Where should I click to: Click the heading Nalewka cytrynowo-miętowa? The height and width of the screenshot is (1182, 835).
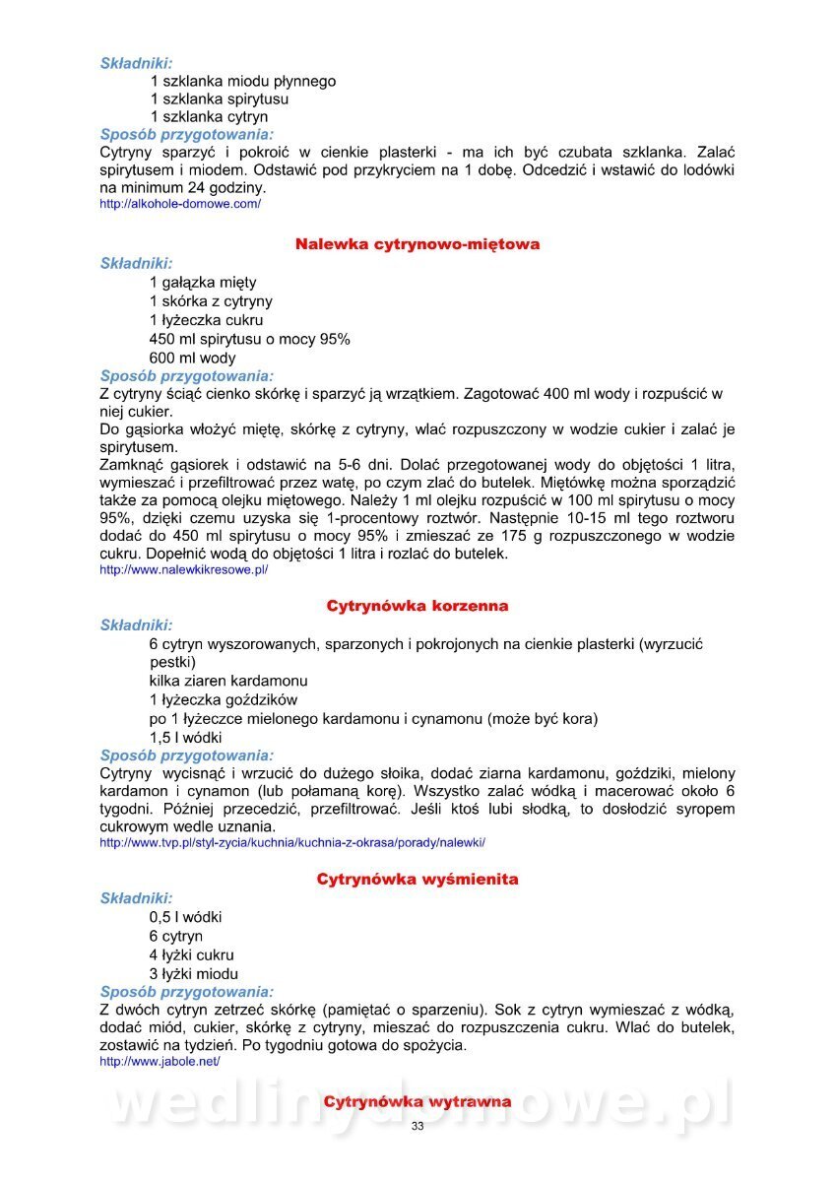pos(417,244)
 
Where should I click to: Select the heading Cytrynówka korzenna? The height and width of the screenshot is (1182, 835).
pos(417,606)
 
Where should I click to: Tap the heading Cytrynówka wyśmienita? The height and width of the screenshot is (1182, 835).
pos(417,879)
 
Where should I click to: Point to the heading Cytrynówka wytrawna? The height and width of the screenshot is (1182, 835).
pos(417,1101)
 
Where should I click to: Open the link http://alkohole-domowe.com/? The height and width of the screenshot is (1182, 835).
pos(180,204)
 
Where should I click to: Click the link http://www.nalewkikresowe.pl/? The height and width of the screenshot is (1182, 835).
pos(184,569)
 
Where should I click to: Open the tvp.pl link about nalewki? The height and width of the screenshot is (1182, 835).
pos(292,843)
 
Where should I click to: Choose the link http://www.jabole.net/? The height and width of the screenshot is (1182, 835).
pos(160,1062)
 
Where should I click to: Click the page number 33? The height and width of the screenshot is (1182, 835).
pos(417,1126)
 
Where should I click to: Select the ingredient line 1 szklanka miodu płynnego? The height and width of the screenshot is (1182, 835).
pos(242,81)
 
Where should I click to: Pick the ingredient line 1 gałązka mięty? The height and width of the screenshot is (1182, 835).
pos(203,283)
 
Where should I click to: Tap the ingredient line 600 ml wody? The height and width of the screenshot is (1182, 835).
pos(193,359)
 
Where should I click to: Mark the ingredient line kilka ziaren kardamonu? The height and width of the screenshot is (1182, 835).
pos(228,681)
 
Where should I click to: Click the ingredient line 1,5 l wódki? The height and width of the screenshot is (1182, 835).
pos(186,737)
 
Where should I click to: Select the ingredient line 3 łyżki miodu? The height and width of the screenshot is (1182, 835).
pos(192,973)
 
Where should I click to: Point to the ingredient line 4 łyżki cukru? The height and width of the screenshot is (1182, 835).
pos(192,954)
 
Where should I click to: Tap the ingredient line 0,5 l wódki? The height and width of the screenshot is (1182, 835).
pos(186,917)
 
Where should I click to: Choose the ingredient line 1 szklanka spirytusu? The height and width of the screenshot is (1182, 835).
pos(220,99)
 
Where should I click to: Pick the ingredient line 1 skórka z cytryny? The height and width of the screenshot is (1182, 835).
pos(212,301)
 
